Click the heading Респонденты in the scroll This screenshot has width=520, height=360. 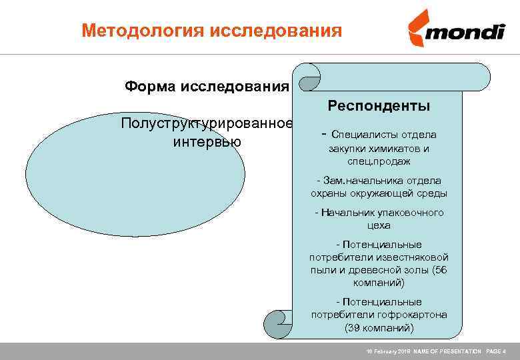[x=379, y=106]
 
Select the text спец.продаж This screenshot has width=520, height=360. [x=379, y=161]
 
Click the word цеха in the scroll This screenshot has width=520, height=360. [x=379, y=225]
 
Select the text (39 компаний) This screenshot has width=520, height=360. [x=379, y=328]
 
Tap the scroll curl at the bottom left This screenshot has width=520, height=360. [x=277, y=323]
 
